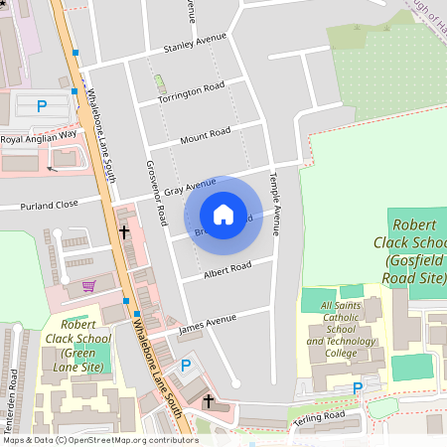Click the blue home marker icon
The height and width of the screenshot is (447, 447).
(x=223, y=215)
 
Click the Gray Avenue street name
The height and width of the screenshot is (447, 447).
(x=190, y=185)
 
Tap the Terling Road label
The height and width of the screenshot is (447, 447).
(x=319, y=416)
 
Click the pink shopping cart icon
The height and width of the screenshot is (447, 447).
(x=89, y=286)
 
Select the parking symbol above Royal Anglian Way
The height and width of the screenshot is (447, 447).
(x=42, y=105)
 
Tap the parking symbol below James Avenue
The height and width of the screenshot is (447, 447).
(x=185, y=366)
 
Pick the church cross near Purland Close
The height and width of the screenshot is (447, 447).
(x=124, y=231)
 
